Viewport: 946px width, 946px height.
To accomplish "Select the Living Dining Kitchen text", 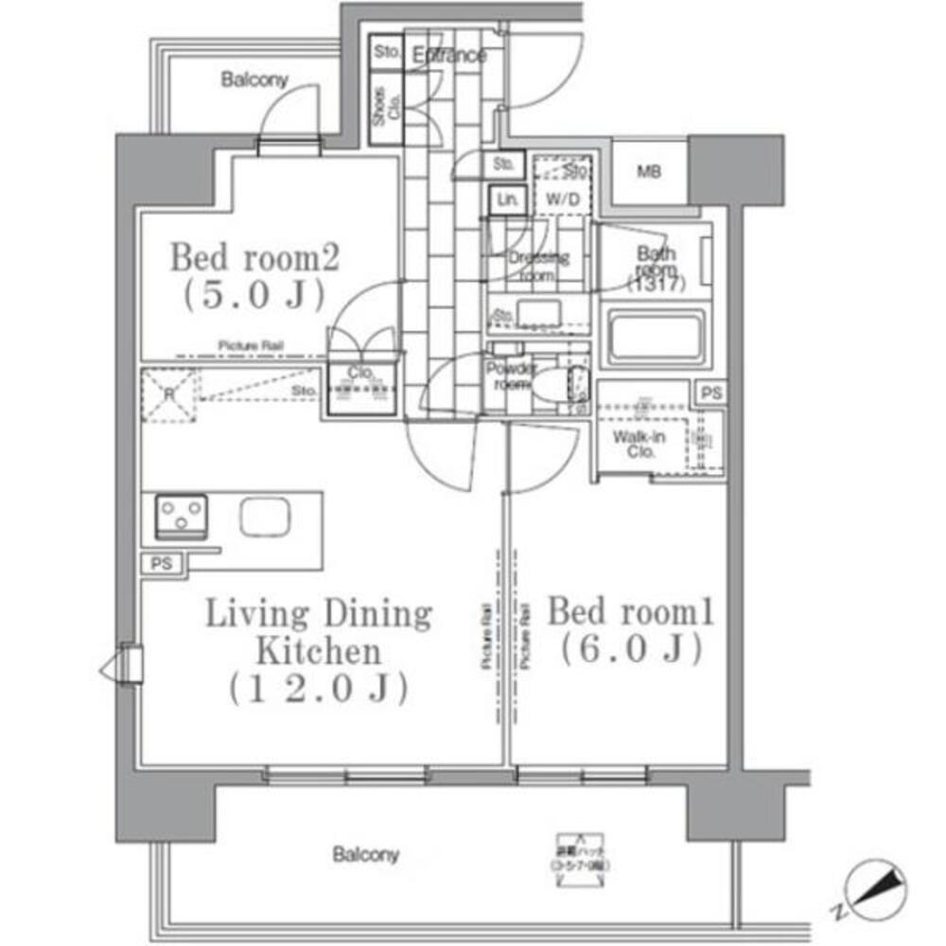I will tap(319, 651).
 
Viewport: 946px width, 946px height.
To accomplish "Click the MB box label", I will tap(648, 172).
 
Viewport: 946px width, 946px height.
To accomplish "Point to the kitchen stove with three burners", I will tap(181, 515).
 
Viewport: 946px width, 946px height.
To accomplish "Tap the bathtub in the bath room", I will tap(657, 337).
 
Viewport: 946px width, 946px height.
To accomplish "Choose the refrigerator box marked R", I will tap(169, 394).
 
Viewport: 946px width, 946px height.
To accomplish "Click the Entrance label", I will tap(449, 56).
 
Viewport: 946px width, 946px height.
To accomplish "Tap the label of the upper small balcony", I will tap(254, 80).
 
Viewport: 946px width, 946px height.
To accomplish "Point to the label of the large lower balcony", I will tap(365, 855).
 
